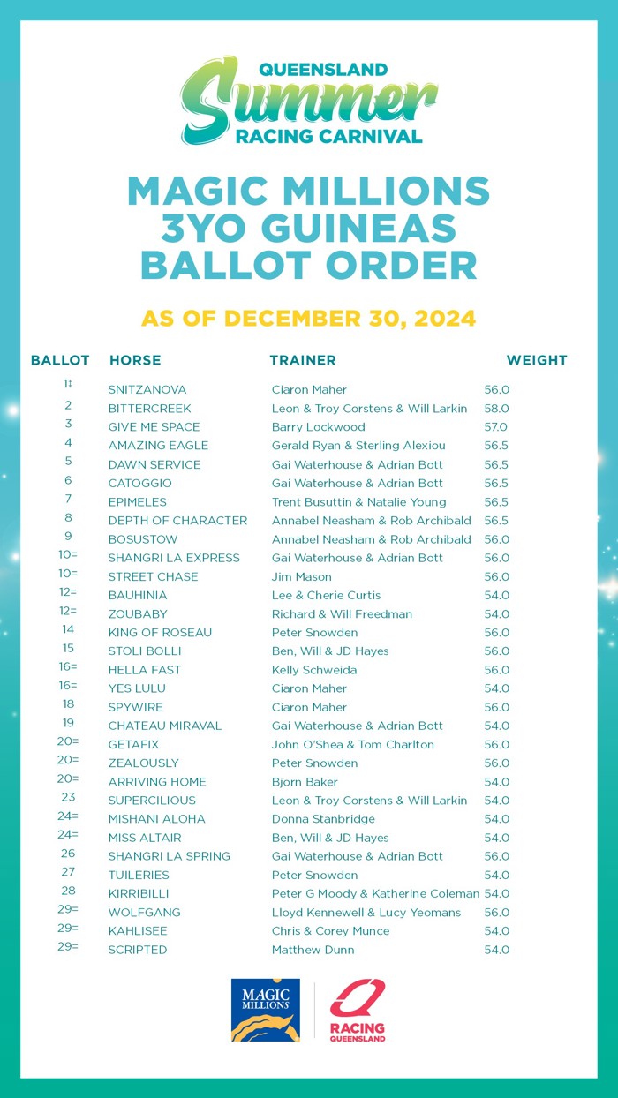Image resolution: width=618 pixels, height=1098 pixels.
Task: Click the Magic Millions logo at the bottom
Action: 265,1010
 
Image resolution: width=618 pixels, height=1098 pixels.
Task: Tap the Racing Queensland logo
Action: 358,1011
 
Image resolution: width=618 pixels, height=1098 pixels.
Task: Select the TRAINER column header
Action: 302,360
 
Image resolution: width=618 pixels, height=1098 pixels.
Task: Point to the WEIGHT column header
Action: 536,360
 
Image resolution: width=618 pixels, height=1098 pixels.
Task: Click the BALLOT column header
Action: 60,360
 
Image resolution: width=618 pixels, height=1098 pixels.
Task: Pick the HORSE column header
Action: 135,360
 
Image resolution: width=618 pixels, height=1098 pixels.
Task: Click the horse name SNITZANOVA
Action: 147,389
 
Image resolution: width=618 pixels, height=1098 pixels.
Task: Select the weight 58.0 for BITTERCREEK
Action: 496,409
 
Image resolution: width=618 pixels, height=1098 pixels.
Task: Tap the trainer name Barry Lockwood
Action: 318,427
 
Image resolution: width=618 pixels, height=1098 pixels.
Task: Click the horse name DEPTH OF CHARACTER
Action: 177,521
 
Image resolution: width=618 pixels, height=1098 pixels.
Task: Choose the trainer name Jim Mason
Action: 301,576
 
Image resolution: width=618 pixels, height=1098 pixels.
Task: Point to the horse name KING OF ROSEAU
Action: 160,633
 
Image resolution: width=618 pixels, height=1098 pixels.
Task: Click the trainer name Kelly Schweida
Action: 314,670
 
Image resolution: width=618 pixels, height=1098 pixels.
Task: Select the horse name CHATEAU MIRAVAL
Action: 165,726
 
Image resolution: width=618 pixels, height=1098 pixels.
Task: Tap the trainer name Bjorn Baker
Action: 306,782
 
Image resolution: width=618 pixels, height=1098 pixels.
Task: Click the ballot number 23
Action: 68,797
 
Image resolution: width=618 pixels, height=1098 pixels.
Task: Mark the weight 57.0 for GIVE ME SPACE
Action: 496,427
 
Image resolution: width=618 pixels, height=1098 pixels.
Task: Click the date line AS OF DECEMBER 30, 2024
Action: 309,318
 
